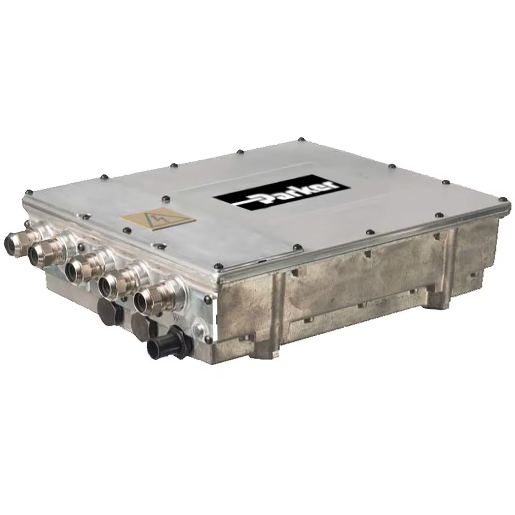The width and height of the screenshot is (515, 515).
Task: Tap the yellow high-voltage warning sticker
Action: click(x=156, y=219)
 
